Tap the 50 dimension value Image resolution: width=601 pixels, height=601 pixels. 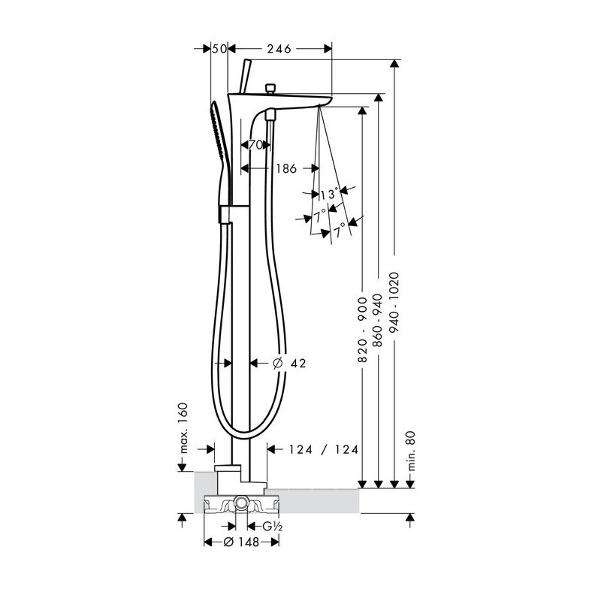(x=219, y=49)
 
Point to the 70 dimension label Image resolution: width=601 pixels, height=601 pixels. (x=255, y=145)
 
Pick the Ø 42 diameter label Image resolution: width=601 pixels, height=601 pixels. (x=288, y=364)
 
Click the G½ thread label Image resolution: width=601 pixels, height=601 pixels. (x=271, y=527)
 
